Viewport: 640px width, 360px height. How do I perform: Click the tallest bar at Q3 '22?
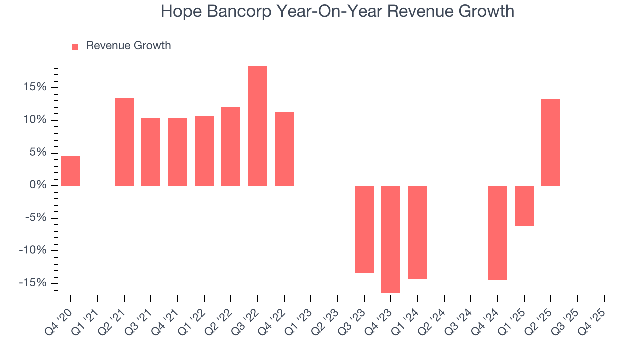258,126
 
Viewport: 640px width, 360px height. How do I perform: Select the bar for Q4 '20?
71,171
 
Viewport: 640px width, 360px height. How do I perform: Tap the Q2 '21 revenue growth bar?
124,142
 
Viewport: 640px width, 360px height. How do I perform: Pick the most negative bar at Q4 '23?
391,239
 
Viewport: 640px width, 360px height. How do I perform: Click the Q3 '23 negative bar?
364,229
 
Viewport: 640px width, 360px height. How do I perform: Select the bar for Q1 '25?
524,205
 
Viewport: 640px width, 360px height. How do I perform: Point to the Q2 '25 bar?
551,142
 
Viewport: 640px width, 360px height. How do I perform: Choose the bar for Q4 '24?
497,233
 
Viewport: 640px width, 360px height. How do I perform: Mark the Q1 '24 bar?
418,232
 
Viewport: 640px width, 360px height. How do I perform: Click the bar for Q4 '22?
284,149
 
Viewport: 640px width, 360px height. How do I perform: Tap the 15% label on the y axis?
34,87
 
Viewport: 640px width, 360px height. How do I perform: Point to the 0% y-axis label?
37,185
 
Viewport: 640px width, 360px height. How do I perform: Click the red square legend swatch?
75,46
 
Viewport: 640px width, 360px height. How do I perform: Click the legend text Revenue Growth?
128,46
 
